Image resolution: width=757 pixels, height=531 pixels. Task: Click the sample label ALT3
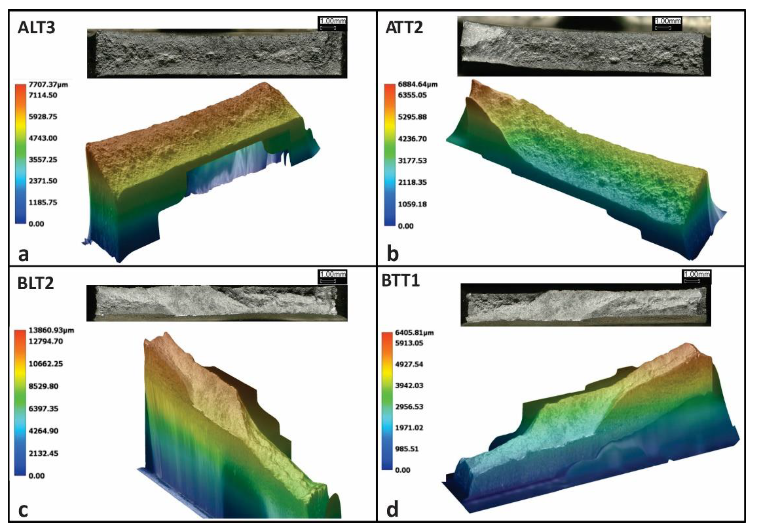(x=36, y=27)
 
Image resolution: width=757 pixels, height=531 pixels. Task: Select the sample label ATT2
(x=404, y=27)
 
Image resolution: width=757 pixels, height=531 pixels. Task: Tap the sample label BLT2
(x=36, y=283)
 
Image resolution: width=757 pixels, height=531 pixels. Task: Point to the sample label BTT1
(x=401, y=281)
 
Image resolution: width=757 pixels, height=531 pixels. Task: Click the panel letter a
(x=24, y=254)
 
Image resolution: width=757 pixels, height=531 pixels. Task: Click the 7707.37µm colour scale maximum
(x=48, y=85)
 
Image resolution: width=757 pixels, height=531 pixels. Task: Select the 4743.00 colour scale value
(x=43, y=138)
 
